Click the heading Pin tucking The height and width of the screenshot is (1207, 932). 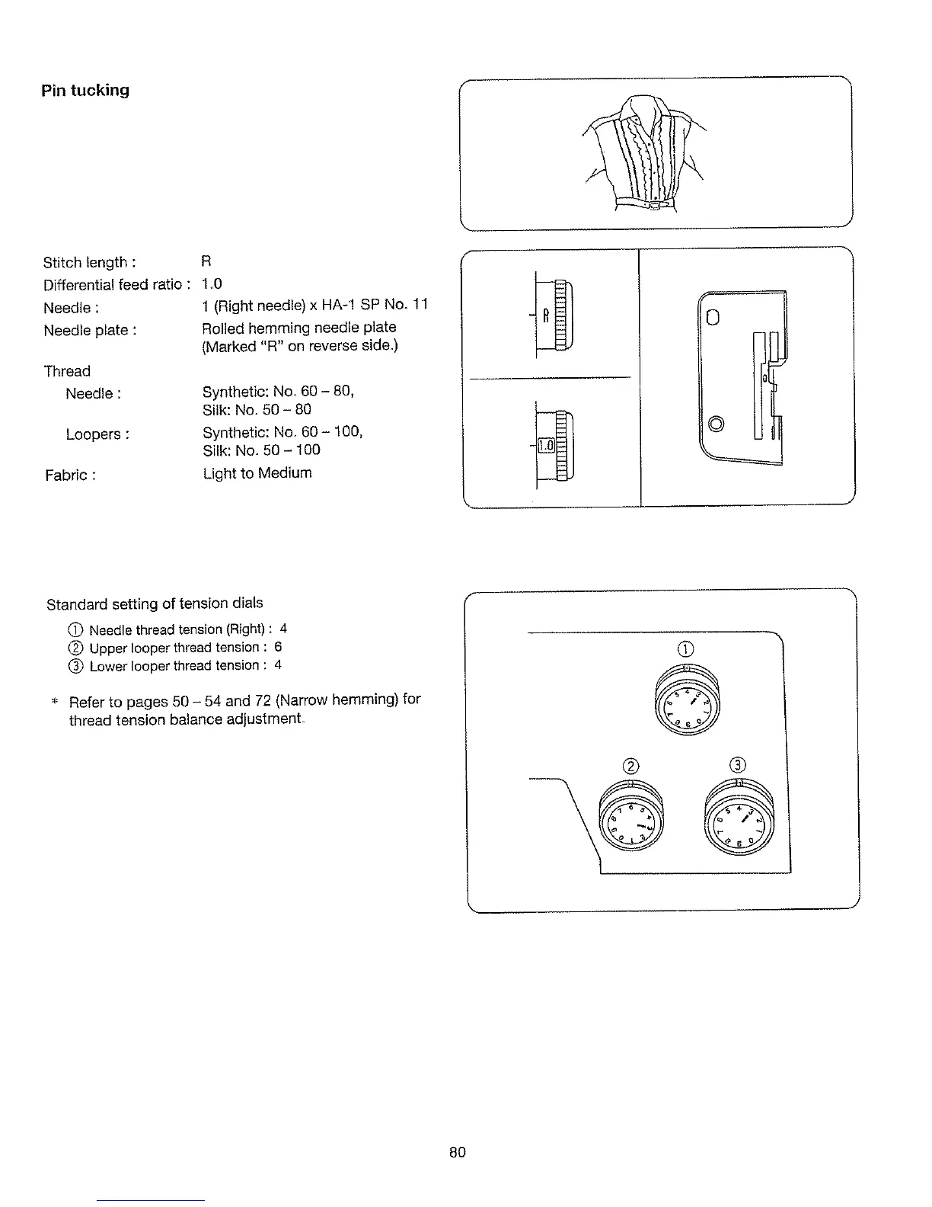[x=85, y=91]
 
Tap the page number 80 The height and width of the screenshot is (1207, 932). [x=457, y=1152]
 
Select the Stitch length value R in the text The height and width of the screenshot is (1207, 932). [x=206, y=261]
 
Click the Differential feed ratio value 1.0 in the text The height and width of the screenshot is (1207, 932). [x=212, y=284]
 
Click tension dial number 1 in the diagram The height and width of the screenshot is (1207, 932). [x=686, y=700]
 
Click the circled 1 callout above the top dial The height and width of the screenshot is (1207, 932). [x=686, y=649]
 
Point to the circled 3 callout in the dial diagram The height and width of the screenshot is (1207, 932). [x=738, y=765]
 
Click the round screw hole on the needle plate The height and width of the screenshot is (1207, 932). [x=714, y=423]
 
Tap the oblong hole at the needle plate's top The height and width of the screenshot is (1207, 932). [x=713, y=315]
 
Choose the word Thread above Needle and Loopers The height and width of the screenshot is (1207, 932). [x=67, y=371]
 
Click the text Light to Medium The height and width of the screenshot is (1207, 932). [x=257, y=473]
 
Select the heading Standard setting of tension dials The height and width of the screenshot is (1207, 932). [x=155, y=603]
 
